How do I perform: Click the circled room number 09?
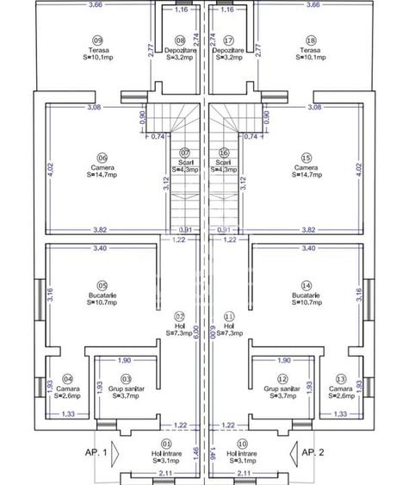(97, 40)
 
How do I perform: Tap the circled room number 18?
(311, 40)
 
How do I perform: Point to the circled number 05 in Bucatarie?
(102, 285)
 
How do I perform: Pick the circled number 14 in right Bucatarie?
(306, 285)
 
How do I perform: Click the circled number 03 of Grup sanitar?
(127, 378)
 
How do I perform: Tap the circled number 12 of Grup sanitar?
(282, 378)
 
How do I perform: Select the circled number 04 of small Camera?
(68, 378)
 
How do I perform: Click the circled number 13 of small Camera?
(341, 378)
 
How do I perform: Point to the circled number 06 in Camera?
(102, 158)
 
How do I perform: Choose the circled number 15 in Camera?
(306, 158)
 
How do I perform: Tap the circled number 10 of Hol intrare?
(243, 445)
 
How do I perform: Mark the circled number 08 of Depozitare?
(180, 40)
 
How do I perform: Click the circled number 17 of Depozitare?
(228, 40)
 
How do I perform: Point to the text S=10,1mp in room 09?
(97, 59)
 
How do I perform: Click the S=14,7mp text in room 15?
(306, 175)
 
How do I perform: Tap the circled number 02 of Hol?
(180, 316)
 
